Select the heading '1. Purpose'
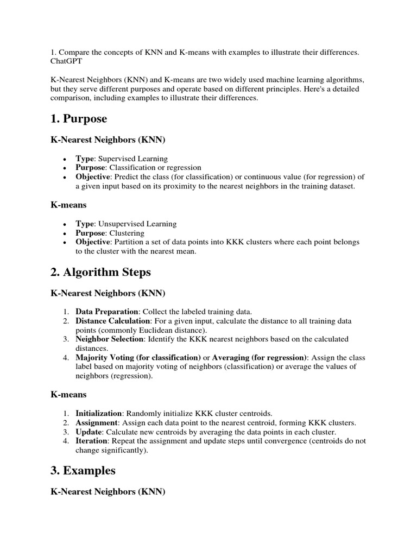coord(79,119)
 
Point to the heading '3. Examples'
coord(83,470)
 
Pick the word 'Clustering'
coord(126,232)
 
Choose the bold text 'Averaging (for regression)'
coord(259,357)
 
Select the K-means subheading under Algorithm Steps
coord(68,394)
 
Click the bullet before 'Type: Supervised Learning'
coord(65,159)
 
